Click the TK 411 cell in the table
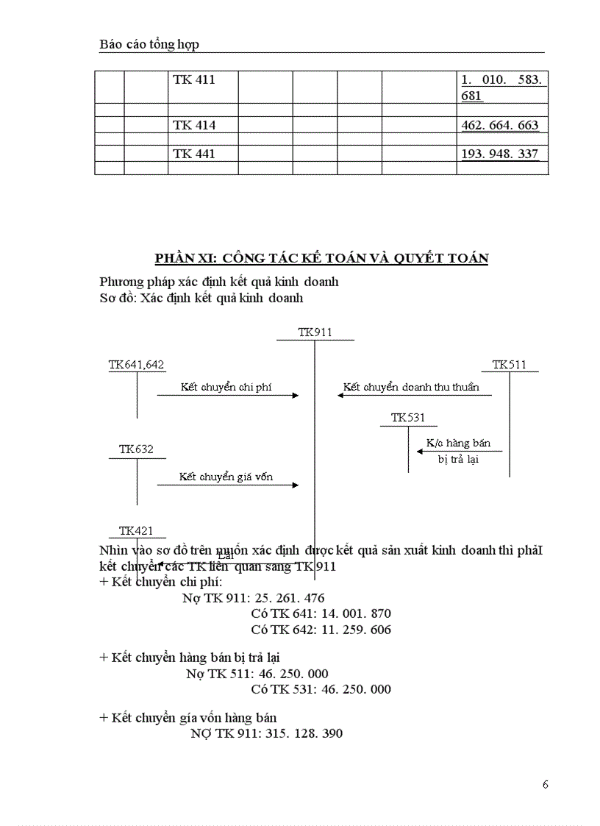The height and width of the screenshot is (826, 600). pyautogui.click(x=194, y=79)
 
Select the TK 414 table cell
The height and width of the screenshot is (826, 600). pyautogui.click(x=194, y=125)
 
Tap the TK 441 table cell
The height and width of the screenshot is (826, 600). pyautogui.click(x=194, y=154)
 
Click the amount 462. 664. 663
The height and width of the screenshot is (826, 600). pyautogui.click(x=500, y=125)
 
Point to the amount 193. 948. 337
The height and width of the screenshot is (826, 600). pyautogui.click(x=500, y=154)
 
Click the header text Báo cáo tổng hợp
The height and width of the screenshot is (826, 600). pyautogui.click(x=149, y=45)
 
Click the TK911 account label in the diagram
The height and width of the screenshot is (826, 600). pyautogui.click(x=315, y=332)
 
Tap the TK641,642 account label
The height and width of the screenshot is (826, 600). pyautogui.click(x=137, y=364)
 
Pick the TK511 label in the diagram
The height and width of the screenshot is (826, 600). pyautogui.click(x=510, y=364)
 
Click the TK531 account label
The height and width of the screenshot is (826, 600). pyautogui.click(x=408, y=418)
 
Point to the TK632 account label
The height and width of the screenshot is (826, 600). pyautogui.click(x=137, y=449)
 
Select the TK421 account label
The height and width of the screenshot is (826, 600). pyautogui.click(x=137, y=530)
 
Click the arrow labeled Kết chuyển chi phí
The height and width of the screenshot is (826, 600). pyautogui.click(x=228, y=396)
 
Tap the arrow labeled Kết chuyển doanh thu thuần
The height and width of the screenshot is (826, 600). pyautogui.click(x=414, y=396)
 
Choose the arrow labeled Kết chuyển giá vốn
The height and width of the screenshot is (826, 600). pyautogui.click(x=228, y=485)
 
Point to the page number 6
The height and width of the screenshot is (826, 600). pyautogui.click(x=545, y=784)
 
